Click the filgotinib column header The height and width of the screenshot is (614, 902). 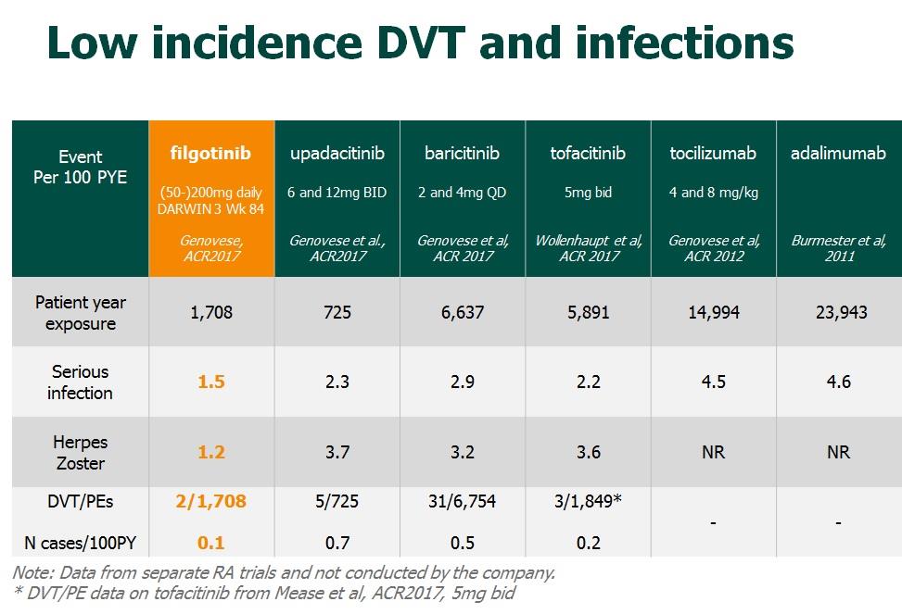pos(211,153)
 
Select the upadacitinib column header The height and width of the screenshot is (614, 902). pos(337,153)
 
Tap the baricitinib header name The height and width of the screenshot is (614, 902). pos(463,153)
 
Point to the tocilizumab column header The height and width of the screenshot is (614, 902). pos(714,153)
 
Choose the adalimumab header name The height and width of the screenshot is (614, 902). pos(838,153)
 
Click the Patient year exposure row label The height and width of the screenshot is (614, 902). pos(81,313)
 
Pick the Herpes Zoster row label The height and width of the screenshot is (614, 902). pos(81,452)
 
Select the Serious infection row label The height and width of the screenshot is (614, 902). pos(81,382)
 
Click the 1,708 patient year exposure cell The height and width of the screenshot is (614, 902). pos(211,313)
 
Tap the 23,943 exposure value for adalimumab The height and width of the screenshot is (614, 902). pos(838,313)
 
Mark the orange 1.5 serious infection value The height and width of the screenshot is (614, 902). pos(211,382)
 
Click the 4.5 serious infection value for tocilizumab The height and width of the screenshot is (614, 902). pos(714,382)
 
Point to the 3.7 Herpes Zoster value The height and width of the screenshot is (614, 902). pos(337,452)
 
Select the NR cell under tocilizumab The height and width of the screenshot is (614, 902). pos(714,452)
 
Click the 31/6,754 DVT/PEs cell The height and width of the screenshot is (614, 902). pos(463,501)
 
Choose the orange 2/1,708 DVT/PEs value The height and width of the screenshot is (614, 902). pos(211,501)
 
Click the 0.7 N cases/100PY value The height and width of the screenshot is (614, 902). pos(337,543)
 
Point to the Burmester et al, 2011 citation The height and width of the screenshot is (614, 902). pos(838,248)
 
